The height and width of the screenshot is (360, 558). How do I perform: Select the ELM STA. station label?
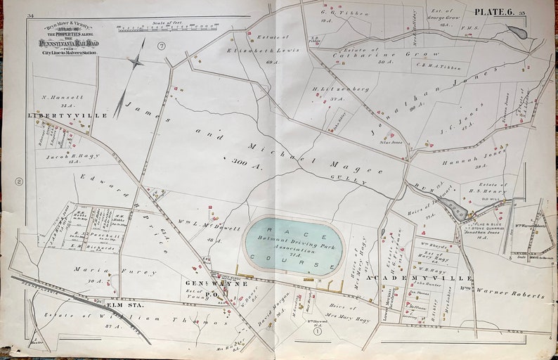point(119,305)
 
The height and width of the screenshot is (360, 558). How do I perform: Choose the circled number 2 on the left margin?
point(20,181)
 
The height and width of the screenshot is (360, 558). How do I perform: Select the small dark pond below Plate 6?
point(517,32)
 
